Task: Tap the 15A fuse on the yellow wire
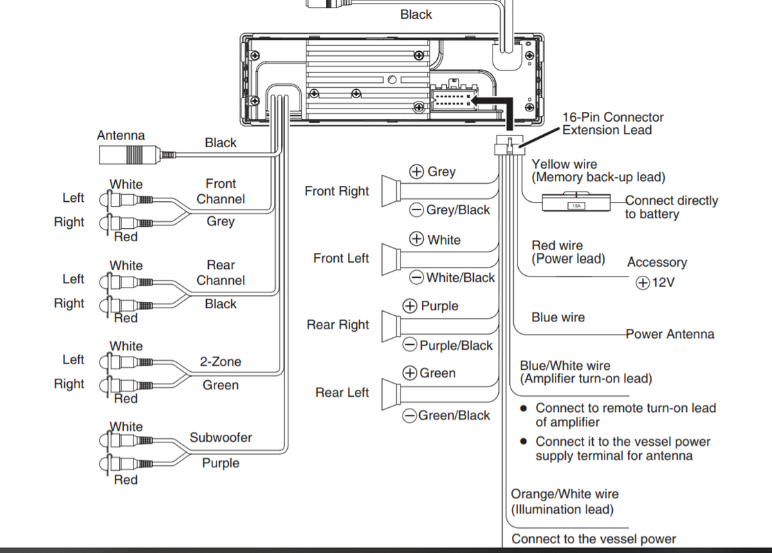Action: tap(576, 203)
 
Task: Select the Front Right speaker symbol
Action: tap(392, 191)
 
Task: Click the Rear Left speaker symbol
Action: tap(392, 393)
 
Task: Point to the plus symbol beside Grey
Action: tap(416, 171)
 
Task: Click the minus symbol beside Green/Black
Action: tap(410, 415)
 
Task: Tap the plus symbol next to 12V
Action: tap(643, 283)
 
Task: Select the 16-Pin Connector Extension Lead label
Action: tap(613, 124)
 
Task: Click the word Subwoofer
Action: tap(221, 438)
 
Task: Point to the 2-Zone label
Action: tap(221, 362)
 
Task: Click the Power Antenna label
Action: tap(670, 334)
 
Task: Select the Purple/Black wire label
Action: tap(456, 346)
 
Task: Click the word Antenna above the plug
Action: tap(121, 135)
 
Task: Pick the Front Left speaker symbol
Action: tap(392, 259)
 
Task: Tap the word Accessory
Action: tap(656, 262)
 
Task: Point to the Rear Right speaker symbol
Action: tap(392, 326)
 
